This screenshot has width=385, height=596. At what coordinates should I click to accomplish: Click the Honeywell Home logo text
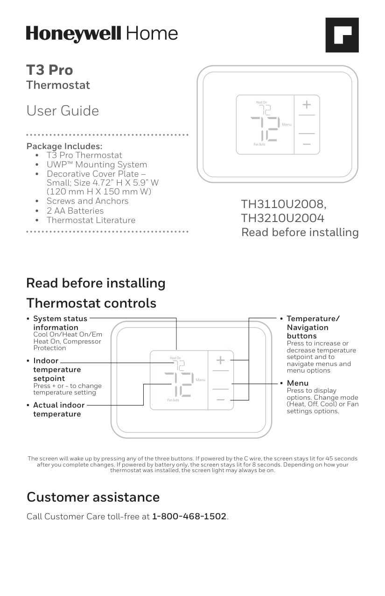pyautogui.click(x=102, y=34)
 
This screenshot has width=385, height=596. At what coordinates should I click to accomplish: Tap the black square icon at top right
pyautogui.click(x=342, y=35)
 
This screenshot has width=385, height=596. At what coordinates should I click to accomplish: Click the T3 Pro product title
pyautogui.click(x=49, y=70)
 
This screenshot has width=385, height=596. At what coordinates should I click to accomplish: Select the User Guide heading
pyautogui.click(x=63, y=111)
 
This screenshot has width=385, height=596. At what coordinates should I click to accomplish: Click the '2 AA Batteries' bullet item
pyautogui.click(x=75, y=211)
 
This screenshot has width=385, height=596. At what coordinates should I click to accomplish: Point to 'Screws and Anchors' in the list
pyautogui.click(x=87, y=201)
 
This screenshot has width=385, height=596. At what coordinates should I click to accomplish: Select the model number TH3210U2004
pyautogui.click(x=282, y=218)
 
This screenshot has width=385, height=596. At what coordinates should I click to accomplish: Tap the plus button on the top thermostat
pyautogui.click(x=307, y=104)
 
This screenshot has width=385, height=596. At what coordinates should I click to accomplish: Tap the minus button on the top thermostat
pyautogui.click(x=307, y=144)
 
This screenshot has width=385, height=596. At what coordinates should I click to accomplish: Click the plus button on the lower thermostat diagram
pyautogui.click(x=220, y=360)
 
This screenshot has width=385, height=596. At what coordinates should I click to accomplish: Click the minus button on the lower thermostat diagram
pyautogui.click(x=220, y=400)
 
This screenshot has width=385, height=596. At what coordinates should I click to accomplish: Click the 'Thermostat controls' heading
pyautogui.click(x=91, y=303)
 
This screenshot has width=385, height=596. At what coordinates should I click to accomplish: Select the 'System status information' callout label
pyautogui.click(x=60, y=323)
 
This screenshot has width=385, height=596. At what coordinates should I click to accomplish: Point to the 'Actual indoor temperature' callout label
pyautogui.click(x=59, y=409)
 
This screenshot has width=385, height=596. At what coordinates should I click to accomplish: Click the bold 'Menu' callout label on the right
pyautogui.click(x=297, y=383)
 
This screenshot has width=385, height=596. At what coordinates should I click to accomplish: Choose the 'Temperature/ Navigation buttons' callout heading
pyautogui.click(x=313, y=327)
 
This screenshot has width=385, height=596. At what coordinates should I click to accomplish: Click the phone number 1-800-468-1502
pyautogui.click(x=189, y=517)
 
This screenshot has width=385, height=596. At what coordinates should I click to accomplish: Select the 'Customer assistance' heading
pyautogui.click(x=93, y=497)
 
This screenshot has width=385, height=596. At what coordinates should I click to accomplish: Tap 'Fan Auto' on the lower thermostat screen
pyautogui.click(x=173, y=400)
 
